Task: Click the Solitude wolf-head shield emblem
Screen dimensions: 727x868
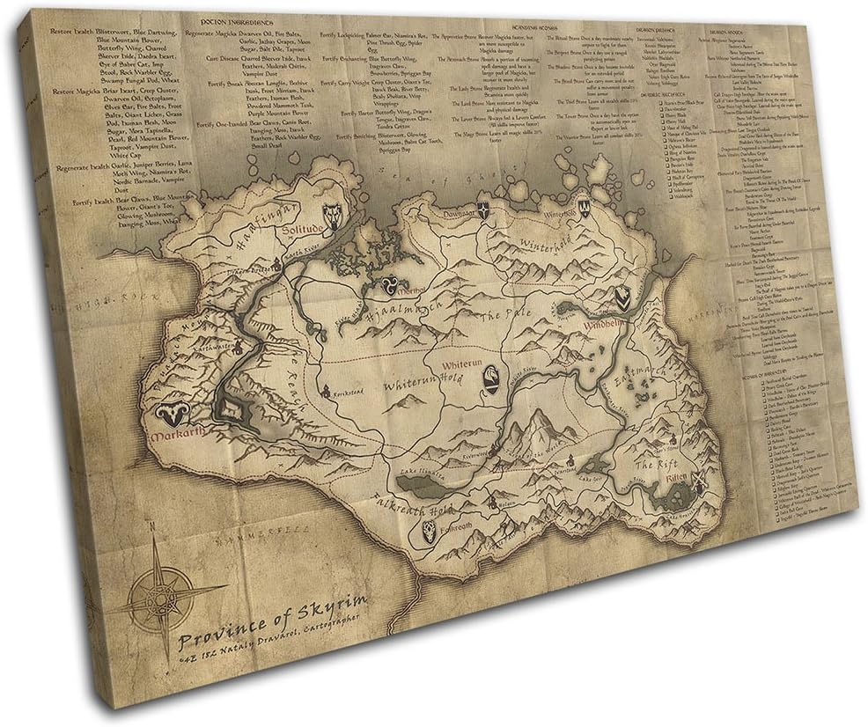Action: tap(332, 214)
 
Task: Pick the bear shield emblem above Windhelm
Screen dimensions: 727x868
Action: tap(623, 298)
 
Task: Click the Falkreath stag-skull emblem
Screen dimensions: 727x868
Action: tap(429, 530)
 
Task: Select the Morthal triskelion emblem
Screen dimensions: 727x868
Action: tap(386, 285)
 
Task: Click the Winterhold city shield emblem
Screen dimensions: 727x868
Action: tap(583, 209)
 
